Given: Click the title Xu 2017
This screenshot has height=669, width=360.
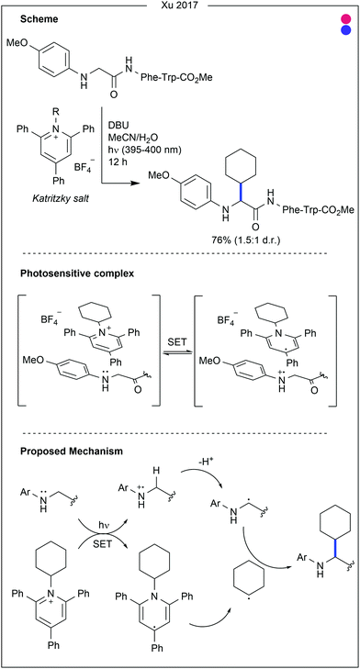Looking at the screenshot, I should click(x=179, y=6).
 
